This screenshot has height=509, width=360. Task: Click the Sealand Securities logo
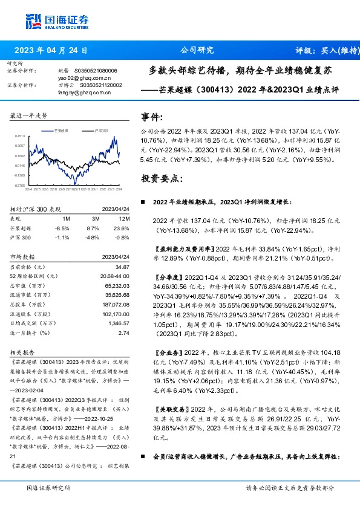point(52,22)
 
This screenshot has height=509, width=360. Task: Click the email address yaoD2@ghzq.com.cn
point(85,78)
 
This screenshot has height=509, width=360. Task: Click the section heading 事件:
point(152,117)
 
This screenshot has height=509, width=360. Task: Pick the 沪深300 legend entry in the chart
point(99,130)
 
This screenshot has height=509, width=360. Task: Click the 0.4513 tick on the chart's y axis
point(20,137)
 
